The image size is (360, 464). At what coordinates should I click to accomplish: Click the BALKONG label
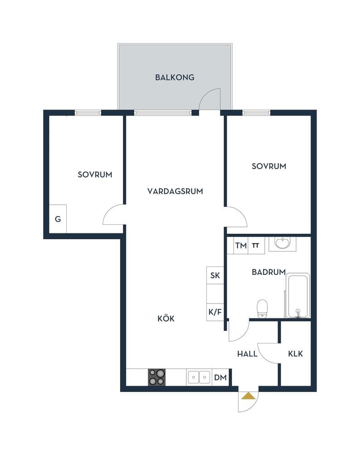click(175, 77)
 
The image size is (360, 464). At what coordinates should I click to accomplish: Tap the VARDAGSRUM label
click(175, 191)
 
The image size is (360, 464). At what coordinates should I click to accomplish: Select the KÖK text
click(166, 319)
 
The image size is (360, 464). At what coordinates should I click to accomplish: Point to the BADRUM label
click(268, 272)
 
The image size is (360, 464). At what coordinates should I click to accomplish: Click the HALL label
click(247, 353)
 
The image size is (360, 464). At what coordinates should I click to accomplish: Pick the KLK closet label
click(296, 353)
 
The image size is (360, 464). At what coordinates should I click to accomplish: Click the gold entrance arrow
click(248, 396)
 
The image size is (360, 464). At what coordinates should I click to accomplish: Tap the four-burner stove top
click(156, 377)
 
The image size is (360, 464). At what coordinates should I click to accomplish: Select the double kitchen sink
click(199, 377)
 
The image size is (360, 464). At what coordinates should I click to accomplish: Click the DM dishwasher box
click(220, 377)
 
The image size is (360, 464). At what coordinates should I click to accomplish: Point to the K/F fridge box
click(215, 312)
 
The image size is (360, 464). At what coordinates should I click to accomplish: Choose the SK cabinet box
click(215, 275)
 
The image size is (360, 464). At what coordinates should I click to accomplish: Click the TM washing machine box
click(241, 245)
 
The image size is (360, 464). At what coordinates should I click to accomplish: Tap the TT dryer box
click(256, 245)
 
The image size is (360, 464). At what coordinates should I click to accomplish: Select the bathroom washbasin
click(282, 243)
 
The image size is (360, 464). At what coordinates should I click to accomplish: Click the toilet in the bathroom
click(262, 309)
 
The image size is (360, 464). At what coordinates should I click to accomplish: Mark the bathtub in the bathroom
click(297, 295)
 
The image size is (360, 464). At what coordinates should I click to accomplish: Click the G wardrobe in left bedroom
click(58, 219)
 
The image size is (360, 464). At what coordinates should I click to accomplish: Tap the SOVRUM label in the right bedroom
click(269, 166)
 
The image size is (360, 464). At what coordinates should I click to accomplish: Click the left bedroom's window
click(88, 112)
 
